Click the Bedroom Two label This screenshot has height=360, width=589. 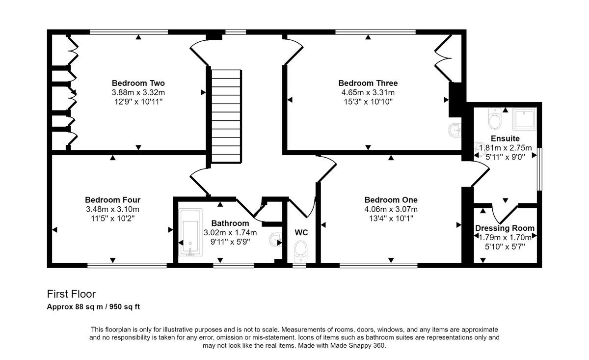[138, 83]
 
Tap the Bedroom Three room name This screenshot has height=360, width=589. [368, 83]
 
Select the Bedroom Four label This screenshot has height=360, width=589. [112, 200]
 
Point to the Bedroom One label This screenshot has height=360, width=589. [391, 200]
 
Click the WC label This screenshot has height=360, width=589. [301, 233]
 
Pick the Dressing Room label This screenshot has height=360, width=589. [505, 228]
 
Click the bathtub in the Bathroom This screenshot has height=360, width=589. [190, 232]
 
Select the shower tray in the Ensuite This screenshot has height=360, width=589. [524, 119]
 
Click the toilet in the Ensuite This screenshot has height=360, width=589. [495, 119]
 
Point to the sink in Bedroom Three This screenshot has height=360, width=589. [455, 130]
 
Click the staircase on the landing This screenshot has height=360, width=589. [226, 116]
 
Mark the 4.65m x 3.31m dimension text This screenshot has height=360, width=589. [368, 93]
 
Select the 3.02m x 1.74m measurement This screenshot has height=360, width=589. [230, 233]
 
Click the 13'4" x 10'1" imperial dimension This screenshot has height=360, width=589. [391, 219]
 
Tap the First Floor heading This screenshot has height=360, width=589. [71, 294]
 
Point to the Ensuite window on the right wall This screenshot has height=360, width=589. [539, 169]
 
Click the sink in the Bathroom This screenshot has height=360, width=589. [275, 240]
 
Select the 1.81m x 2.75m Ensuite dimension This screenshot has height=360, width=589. [506, 148]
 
